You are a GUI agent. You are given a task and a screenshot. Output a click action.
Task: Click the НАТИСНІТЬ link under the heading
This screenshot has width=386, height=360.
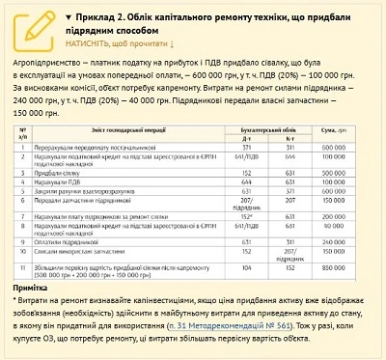pyautogui.click(x=120, y=43)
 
